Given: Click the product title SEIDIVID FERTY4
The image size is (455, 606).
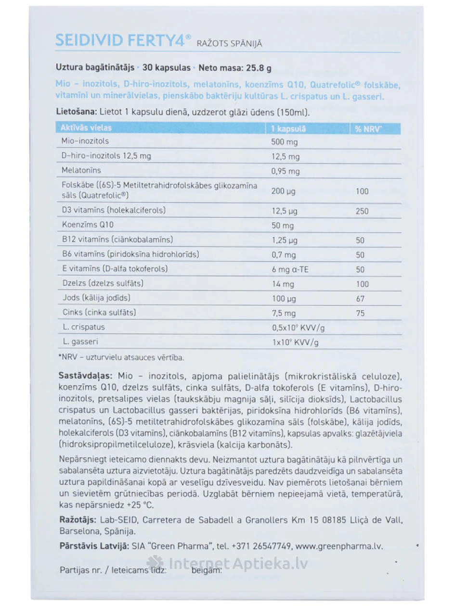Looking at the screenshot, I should (123, 40).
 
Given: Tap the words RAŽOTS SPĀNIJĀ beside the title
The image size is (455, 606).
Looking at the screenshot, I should (230, 43).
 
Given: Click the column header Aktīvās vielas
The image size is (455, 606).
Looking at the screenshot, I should (86, 128).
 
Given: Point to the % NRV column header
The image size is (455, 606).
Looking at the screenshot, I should (368, 129).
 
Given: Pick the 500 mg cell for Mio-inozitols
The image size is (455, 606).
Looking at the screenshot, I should (285, 142).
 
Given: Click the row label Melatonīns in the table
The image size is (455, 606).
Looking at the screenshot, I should (81, 171).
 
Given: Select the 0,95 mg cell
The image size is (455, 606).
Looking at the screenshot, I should (286, 172).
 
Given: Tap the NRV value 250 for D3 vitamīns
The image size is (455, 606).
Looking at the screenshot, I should (362, 211).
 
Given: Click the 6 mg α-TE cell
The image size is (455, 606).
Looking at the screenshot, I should (290, 270).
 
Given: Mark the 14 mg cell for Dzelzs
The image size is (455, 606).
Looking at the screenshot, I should (283, 284).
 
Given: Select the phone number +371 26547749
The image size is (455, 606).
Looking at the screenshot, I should (260, 546).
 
